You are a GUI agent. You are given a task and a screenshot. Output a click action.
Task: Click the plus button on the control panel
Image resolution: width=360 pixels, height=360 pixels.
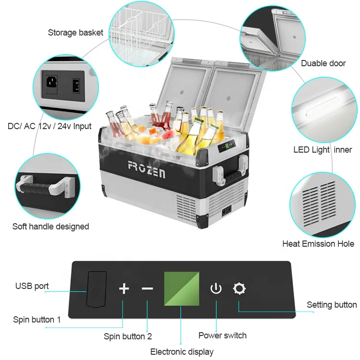[124, 288]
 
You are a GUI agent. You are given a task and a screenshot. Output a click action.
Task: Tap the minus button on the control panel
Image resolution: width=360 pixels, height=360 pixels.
[147, 288]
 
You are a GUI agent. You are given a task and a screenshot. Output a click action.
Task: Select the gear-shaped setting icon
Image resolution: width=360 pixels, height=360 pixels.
[239, 288]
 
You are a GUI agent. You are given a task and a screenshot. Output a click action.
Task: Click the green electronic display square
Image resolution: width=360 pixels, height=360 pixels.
[181, 288]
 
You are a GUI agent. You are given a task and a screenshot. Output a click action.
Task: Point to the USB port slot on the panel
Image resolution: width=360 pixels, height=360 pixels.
[96, 288]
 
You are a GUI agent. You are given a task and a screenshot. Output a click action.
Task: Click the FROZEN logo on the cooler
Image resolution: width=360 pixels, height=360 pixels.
[146, 169]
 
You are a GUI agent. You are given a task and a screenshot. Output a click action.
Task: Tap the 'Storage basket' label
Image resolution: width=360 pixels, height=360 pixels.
[75, 33]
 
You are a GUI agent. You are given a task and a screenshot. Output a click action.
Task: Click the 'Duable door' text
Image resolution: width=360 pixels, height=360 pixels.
[323, 63]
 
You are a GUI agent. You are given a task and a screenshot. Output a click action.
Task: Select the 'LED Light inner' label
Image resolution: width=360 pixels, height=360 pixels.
[323, 150]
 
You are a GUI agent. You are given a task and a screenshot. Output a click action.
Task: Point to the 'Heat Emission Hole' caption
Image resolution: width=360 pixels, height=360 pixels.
[318, 244]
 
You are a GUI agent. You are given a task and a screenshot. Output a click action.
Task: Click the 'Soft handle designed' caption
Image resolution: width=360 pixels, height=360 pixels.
[50, 226]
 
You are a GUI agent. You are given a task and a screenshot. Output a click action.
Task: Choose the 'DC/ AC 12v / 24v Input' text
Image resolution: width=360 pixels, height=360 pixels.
[49, 127]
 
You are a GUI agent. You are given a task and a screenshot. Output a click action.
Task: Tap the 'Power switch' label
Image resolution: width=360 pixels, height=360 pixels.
[222, 336]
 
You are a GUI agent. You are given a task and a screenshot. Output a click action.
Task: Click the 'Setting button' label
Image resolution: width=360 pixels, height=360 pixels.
[332, 305]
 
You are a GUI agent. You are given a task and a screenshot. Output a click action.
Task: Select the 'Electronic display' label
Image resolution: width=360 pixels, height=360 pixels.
[181, 352]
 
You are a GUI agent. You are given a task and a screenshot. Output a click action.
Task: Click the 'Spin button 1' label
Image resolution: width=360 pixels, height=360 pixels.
[37, 319]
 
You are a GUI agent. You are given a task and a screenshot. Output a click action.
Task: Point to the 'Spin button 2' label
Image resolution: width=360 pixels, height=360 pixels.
[128, 336]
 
